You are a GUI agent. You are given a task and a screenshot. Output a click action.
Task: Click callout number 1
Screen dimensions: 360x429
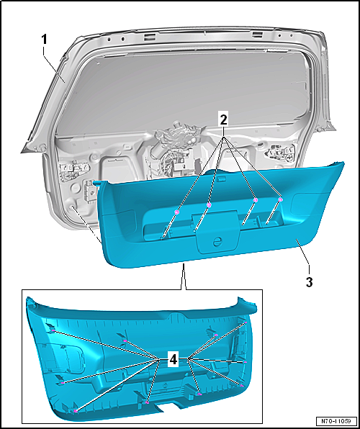[44, 40]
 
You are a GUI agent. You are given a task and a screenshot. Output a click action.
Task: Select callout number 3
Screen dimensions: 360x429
[309, 282]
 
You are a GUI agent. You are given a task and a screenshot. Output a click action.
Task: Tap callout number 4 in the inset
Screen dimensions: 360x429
[174, 360]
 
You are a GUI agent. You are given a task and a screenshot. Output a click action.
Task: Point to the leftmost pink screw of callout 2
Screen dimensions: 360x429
[176, 212]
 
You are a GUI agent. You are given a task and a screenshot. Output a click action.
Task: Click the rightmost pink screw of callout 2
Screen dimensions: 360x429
[280, 200]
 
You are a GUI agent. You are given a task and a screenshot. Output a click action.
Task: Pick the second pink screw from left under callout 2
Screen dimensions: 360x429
[209, 205]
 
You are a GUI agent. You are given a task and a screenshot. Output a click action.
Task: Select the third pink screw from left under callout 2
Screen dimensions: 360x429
[255, 201]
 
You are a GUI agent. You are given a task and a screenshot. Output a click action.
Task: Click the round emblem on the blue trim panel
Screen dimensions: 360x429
[217, 242]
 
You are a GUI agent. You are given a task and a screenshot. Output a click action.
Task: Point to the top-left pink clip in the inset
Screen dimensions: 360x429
[53, 330]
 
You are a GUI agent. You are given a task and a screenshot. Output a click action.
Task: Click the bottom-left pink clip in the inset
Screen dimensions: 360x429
[76, 411]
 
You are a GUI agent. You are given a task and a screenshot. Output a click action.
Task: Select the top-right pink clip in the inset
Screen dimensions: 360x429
[246, 322]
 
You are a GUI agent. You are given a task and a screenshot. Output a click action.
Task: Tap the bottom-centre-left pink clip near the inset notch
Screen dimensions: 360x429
[148, 403]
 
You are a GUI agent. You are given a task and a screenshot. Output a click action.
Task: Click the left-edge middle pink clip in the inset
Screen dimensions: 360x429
[63, 383]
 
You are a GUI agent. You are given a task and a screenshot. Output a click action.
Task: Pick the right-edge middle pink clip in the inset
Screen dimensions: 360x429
[245, 362]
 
